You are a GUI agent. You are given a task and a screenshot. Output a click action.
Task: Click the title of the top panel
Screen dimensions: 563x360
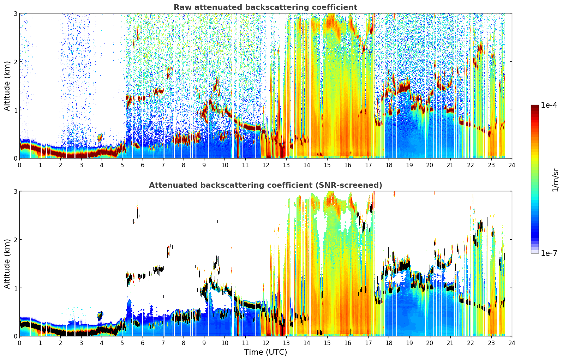pyautogui.click(x=265, y=7)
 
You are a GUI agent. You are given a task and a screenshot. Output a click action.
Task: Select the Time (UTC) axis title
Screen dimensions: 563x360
pyautogui.click(x=265, y=352)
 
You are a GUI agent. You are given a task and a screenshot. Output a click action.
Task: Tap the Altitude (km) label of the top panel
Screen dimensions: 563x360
pyautogui.click(x=7, y=86)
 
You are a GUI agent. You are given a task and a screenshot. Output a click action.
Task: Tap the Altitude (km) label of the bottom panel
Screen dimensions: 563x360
pyautogui.click(x=7, y=264)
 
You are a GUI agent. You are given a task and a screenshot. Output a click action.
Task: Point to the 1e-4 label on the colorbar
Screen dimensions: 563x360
pyautogui.click(x=549, y=105)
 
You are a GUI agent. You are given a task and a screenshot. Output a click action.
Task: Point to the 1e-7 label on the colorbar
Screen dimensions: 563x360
pyautogui.click(x=549, y=253)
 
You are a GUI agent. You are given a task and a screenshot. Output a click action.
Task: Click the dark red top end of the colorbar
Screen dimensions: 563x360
pyautogui.click(x=535, y=107)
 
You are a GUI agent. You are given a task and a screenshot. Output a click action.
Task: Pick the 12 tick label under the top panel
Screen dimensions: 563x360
pyautogui.click(x=266, y=165)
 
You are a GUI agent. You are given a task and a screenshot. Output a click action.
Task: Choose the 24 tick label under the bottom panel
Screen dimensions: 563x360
pyautogui.click(x=512, y=343)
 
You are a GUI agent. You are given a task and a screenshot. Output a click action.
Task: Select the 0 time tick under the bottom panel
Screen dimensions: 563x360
pyautogui.click(x=20, y=343)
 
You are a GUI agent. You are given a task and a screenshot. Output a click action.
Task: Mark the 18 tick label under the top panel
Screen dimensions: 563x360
pyautogui.click(x=389, y=165)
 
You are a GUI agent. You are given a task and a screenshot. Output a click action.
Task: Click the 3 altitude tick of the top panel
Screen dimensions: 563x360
pyautogui.click(x=15, y=13)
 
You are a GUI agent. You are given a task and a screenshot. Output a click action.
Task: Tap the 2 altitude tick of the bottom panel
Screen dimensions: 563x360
pyautogui.click(x=15, y=240)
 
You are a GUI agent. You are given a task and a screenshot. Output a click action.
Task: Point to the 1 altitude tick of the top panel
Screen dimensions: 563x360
pyautogui.click(x=15, y=110)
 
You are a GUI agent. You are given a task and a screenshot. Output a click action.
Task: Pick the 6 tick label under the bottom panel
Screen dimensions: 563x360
pyautogui.click(x=143, y=343)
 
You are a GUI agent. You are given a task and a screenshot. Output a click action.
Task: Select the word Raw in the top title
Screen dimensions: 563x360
pyautogui.click(x=183, y=7)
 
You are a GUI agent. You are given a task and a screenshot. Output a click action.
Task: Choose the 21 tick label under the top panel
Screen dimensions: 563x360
pyautogui.click(x=450, y=165)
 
